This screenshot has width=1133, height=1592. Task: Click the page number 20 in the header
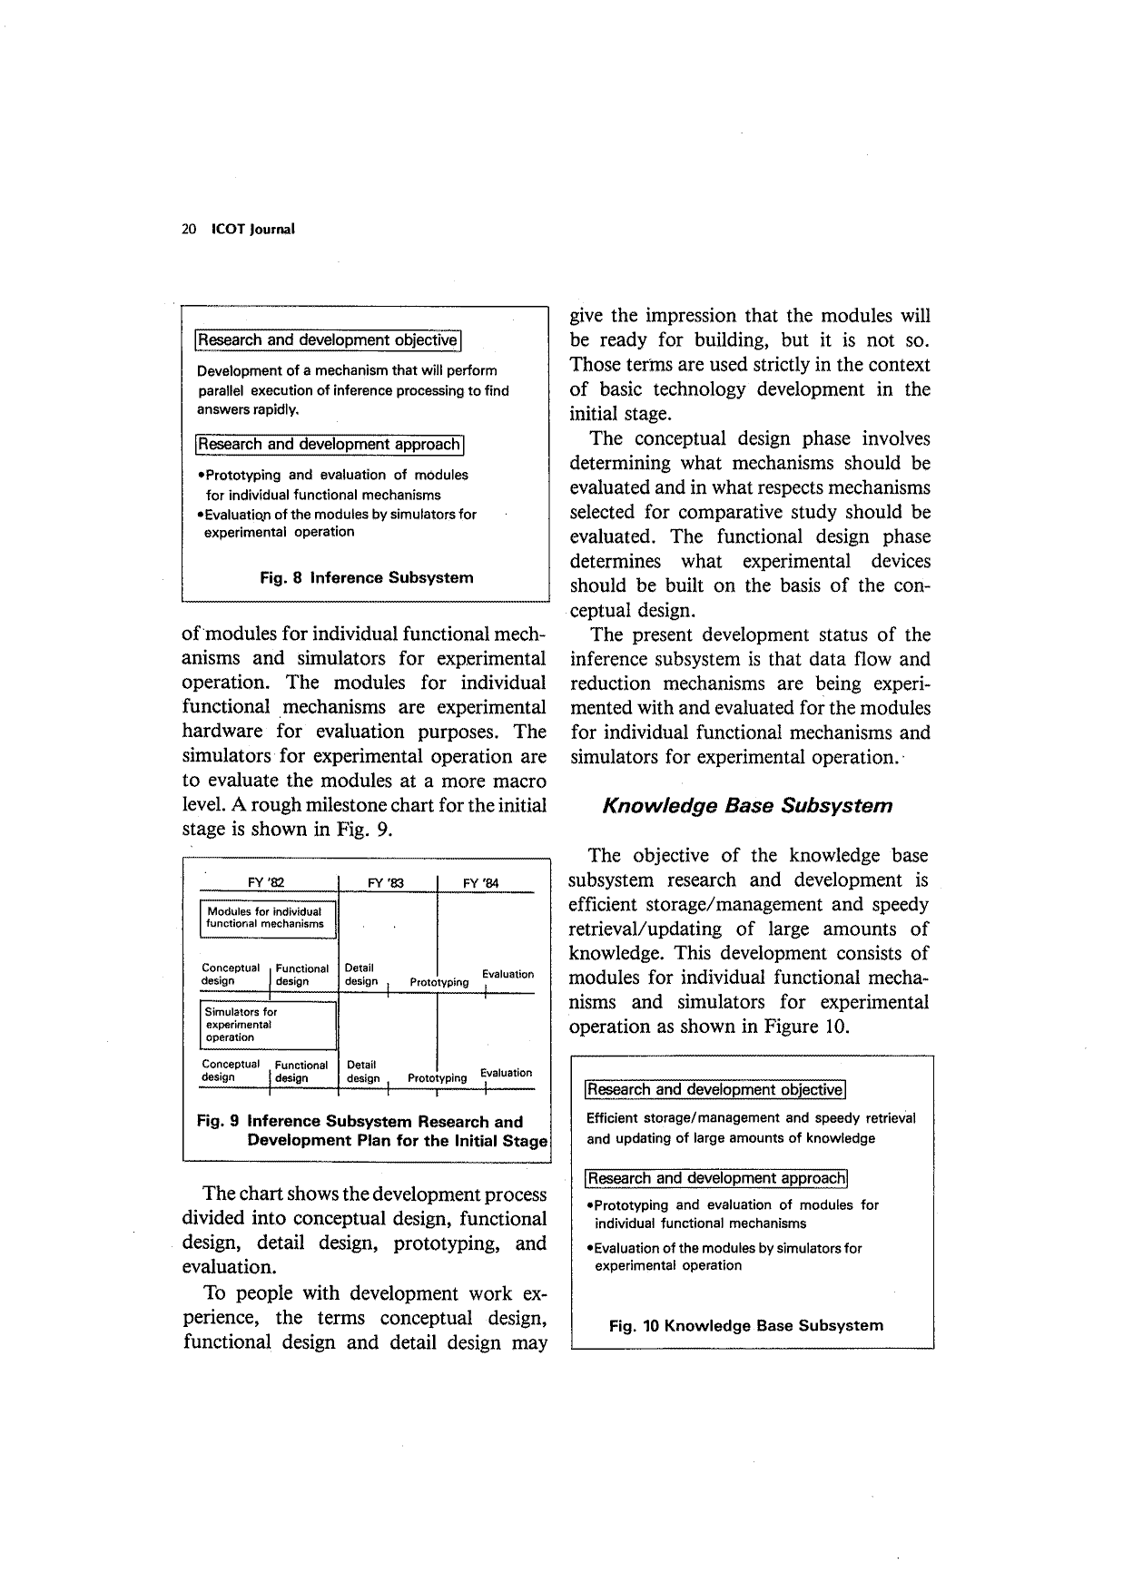[x=189, y=230]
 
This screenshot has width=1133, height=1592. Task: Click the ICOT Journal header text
[x=252, y=230]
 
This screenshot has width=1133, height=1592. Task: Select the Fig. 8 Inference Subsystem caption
[x=366, y=578]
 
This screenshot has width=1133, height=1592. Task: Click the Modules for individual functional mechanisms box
[x=268, y=918]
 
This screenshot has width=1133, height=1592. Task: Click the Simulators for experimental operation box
[x=268, y=1025]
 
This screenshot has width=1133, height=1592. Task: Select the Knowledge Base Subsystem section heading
[x=747, y=806]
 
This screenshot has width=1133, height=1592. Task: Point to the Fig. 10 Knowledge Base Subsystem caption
[x=745, y=1326]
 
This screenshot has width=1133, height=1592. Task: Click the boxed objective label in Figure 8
[x=328, y=340]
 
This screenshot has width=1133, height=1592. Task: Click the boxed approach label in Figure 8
[x=330, y=445]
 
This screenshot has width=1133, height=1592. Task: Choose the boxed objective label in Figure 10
[x=715, y=1090]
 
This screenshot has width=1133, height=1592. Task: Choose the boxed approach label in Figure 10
[x=716, y=1179]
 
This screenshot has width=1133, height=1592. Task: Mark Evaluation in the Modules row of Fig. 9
[x=507, y=974]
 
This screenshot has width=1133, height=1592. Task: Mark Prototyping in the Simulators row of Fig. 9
[x=437, y=1078]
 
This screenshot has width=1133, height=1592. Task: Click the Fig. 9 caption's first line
[x=360, y=1122]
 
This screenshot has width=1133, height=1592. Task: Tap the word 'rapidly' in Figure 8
[x=275, y=409]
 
